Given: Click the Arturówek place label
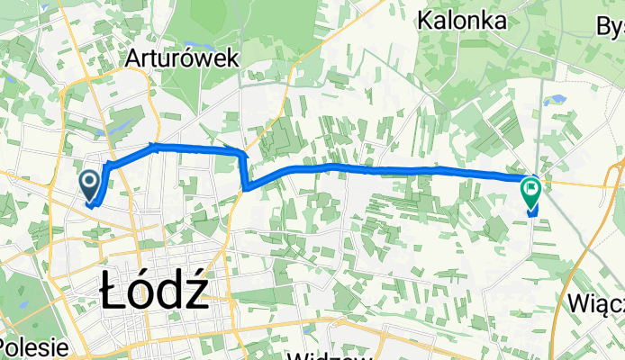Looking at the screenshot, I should tap(183, 58).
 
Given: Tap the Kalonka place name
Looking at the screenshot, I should tap(461, 21).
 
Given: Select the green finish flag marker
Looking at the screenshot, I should tap(530, 190).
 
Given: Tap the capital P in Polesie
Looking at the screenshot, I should tap(6, 348).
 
